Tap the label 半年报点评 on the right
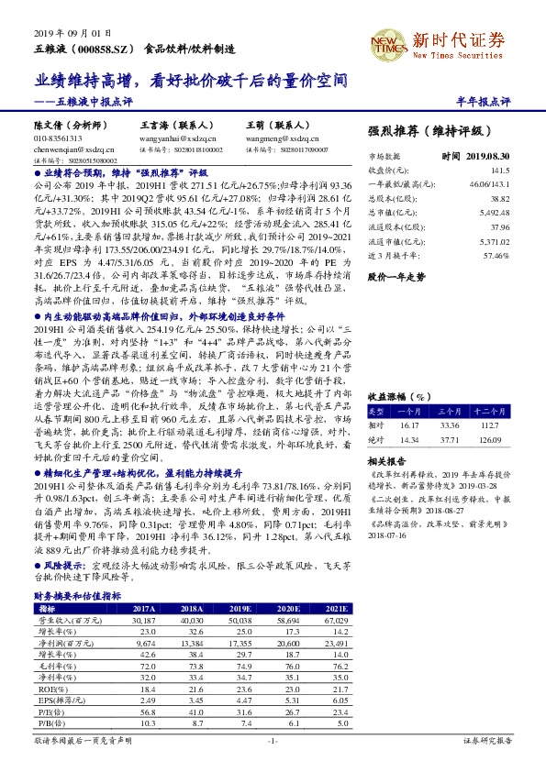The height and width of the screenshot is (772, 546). [x=510, y=100]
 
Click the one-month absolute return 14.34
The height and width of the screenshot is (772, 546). [x=408, y=439]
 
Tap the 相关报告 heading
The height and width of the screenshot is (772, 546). [x=386, y=459]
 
